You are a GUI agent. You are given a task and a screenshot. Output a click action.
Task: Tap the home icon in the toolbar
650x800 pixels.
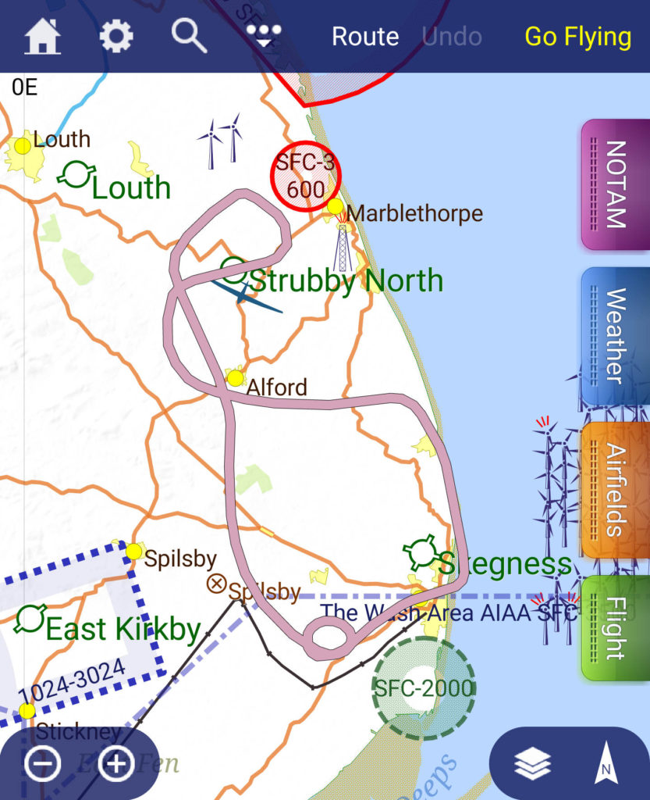43,37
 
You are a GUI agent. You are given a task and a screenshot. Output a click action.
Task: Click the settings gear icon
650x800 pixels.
116,37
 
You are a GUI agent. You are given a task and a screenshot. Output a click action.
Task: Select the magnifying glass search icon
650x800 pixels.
190,36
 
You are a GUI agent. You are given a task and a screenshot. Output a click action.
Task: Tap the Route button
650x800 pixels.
365,37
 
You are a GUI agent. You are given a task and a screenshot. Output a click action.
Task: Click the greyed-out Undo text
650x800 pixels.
452,37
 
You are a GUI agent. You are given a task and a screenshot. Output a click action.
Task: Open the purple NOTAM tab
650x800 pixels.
616,184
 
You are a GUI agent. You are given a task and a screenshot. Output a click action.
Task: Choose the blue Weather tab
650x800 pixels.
616,336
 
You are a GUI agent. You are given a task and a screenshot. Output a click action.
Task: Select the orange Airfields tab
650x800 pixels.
616,490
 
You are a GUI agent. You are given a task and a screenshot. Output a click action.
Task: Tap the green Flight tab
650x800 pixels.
616,627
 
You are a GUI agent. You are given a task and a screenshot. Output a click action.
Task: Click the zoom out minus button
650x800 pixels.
42,763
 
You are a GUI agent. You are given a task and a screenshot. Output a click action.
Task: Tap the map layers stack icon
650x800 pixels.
533,765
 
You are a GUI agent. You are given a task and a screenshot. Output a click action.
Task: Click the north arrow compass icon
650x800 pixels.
604,764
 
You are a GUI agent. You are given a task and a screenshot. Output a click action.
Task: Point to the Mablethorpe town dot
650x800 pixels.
336,206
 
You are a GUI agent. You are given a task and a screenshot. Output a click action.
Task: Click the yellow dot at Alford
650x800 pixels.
235,378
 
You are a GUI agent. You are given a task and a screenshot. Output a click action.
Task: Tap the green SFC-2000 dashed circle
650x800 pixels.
422,687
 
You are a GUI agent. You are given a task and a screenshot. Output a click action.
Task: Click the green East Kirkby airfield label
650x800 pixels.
123,629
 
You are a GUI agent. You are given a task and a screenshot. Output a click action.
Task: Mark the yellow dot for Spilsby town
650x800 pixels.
134,552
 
